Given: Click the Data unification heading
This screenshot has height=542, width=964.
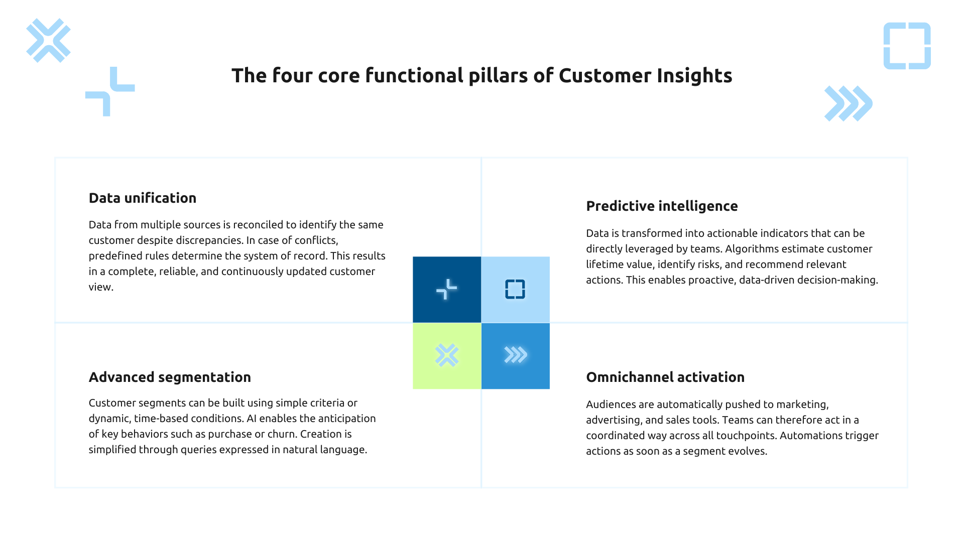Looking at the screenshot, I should coord(142,198).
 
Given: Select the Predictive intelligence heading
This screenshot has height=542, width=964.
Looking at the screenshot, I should coord(661,206).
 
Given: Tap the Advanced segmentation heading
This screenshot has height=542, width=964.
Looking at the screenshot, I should coord(170,377).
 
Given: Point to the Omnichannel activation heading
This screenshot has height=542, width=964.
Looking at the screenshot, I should coord(665,377).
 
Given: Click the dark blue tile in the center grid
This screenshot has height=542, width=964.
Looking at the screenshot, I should coord(446,290).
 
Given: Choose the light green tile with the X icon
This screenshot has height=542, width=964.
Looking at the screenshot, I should coord(446,356).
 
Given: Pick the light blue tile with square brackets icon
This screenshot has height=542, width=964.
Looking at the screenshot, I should coord(515,290).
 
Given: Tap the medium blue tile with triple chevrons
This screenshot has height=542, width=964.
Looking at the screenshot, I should coord(515,356).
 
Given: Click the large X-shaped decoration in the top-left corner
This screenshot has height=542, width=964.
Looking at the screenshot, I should coord(48,41).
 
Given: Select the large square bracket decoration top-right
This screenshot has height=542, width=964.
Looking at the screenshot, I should coord(907,46).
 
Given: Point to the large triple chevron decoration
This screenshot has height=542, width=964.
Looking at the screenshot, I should coord(848,104).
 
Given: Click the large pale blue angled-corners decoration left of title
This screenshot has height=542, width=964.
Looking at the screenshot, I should coord(110,92).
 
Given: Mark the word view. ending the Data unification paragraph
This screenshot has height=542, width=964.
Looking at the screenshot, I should coord(101,287).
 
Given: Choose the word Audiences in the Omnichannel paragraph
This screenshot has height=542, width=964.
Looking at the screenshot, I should coord(611,404).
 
